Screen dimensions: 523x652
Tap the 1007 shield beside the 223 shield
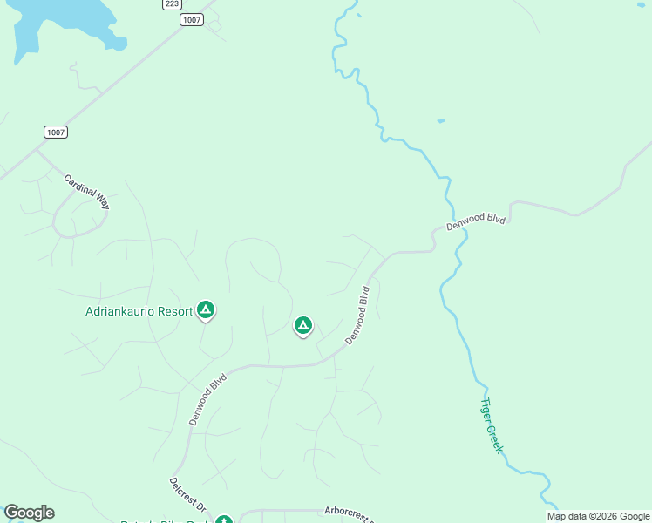(193, 19)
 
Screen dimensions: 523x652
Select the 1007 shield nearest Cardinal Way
(56, 132)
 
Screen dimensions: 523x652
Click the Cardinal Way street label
(86, 191)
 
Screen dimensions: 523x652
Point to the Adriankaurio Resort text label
(138, 310)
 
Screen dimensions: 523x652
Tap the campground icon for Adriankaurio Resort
(206, 309)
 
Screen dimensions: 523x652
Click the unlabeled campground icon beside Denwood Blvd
(302, 326)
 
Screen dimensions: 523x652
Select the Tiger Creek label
(492, 425)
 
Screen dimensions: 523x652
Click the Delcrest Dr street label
(187, 494)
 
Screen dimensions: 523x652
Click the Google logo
(29, 513)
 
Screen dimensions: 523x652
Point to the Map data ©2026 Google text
(598, 516)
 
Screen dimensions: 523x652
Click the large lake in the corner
(52, 22)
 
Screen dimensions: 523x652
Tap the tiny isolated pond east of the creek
(441, 120)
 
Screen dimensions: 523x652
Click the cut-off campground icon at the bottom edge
(223, 520)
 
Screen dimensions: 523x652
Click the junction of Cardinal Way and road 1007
(38, 150)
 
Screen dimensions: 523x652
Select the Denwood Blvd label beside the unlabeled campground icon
(358, 316)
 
